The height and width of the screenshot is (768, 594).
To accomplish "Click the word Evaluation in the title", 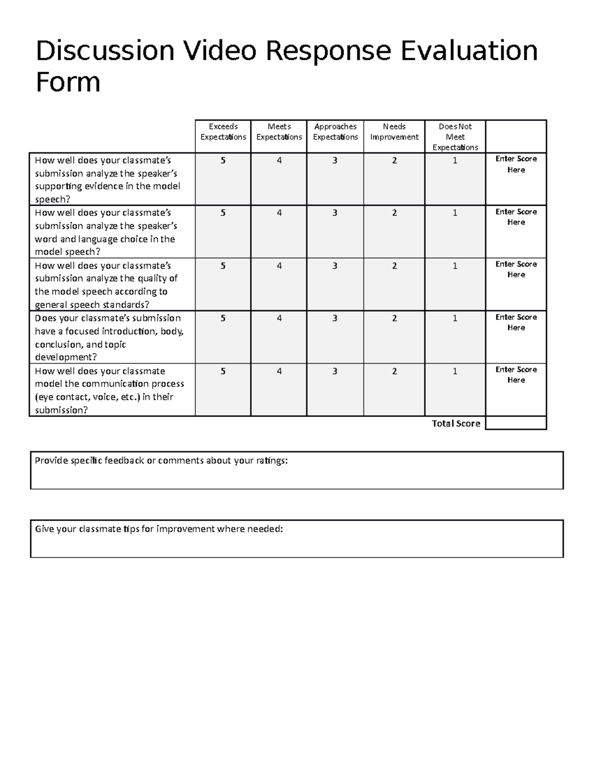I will pos(469,51).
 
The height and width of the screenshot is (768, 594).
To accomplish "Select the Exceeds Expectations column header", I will pos(223,132).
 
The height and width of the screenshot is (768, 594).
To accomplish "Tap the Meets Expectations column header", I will pos(279,132).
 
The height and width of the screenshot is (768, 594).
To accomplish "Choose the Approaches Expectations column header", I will pos(335,132).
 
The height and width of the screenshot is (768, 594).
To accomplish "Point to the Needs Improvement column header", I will pos(394,132).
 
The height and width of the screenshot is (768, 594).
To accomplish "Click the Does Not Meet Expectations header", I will pos(455,137).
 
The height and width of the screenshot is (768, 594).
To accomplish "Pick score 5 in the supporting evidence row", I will pos(223,161).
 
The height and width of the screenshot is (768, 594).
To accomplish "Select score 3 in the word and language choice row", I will pos(335,213).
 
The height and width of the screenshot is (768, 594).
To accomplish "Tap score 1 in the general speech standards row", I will pos(455,266).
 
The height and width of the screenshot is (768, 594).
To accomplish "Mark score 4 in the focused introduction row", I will pos(279,318).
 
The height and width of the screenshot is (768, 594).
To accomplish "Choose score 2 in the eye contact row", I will pos(394,371).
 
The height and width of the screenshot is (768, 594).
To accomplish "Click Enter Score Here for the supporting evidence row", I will pos(516,164).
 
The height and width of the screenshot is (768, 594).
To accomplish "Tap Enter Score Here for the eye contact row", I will pos(516,375).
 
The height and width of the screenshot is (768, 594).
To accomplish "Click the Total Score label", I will pos(456,423).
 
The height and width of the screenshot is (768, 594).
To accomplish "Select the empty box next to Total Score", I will pos(516,423).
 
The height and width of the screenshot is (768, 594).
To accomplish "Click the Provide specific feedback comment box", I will pos(297,471).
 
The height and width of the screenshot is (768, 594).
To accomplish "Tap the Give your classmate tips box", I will pos(297,539).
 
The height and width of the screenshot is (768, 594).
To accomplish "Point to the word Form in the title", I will pos(68,82).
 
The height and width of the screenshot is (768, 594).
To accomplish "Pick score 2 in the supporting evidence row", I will pos(394,161).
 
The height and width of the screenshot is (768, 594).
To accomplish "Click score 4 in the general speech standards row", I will pos(279,266).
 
